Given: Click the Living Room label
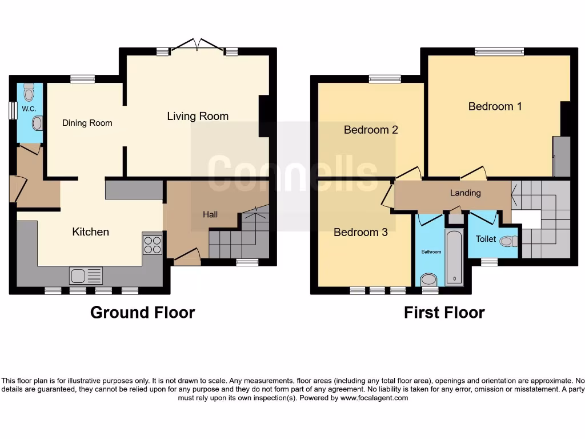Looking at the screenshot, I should click(198, 116).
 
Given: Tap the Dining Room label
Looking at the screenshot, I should click(87, 123).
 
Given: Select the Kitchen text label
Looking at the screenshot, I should click(90, 232).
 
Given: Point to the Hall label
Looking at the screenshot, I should click(210, 214).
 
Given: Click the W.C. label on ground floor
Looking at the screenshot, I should click(29, 109).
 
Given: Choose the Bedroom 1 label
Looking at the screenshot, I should click(495, 106).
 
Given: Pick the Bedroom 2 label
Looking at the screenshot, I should click(371, 130).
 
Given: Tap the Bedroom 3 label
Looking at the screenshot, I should click(360, 232).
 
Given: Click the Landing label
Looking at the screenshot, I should click(465, 193).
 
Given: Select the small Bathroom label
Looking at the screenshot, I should click(431, 252).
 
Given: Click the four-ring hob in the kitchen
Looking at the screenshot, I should click(153, 245).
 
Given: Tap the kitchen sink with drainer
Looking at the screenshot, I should click(86, 276).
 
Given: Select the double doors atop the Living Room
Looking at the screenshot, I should click(198, 46).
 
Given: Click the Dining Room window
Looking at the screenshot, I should click(82, 79).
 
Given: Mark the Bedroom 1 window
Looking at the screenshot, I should click(499, 52).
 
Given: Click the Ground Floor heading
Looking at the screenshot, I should click(142, 313).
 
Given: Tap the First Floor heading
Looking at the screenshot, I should click(444, 313).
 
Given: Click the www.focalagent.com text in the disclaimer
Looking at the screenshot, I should click(374, 398).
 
